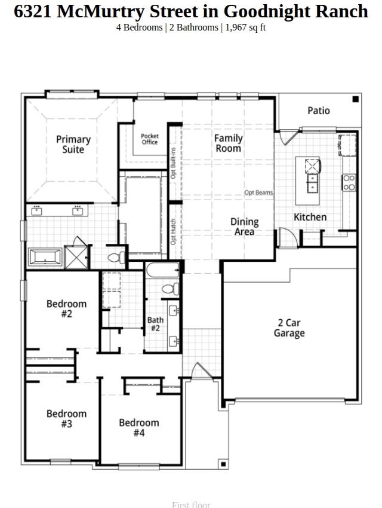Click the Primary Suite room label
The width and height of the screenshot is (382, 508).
click(x=73, y=144)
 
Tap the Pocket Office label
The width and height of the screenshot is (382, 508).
click(x=150, y=139)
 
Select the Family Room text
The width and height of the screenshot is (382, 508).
click(x=229, y=143)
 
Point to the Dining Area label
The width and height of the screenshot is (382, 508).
click(x=244, y=227)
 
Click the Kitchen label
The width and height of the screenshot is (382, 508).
click(x=310, y=217)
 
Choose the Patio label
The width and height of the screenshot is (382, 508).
click(x=318, y=111)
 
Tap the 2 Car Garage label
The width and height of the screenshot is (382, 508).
click(x=289, y=328)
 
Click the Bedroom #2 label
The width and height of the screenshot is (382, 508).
click(x=66, y=308)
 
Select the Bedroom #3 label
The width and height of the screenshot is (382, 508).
click(x=66, y=418)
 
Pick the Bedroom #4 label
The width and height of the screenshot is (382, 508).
click(x=138, y=427)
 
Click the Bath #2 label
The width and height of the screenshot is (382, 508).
click(x=155, y=324)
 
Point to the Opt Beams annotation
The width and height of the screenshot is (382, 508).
click(x=258, y=192)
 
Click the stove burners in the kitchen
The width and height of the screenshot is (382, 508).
click(x=349, y=182)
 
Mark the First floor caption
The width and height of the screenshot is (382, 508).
click(x=191, y=504)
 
